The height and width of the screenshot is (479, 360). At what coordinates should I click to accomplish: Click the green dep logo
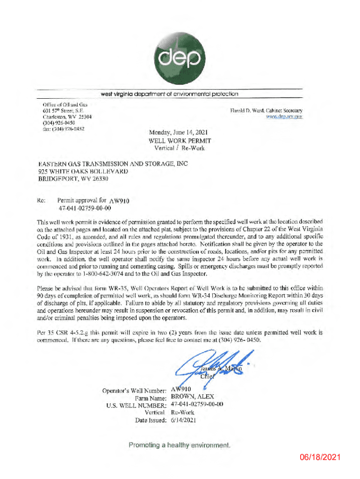pos(180,51)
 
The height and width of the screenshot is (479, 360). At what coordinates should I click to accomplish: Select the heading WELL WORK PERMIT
pos(180,140)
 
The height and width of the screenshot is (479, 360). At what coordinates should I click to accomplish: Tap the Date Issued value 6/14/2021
pos(184,420)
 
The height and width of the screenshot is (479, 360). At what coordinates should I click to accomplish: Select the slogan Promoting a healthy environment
pos(180,445)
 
